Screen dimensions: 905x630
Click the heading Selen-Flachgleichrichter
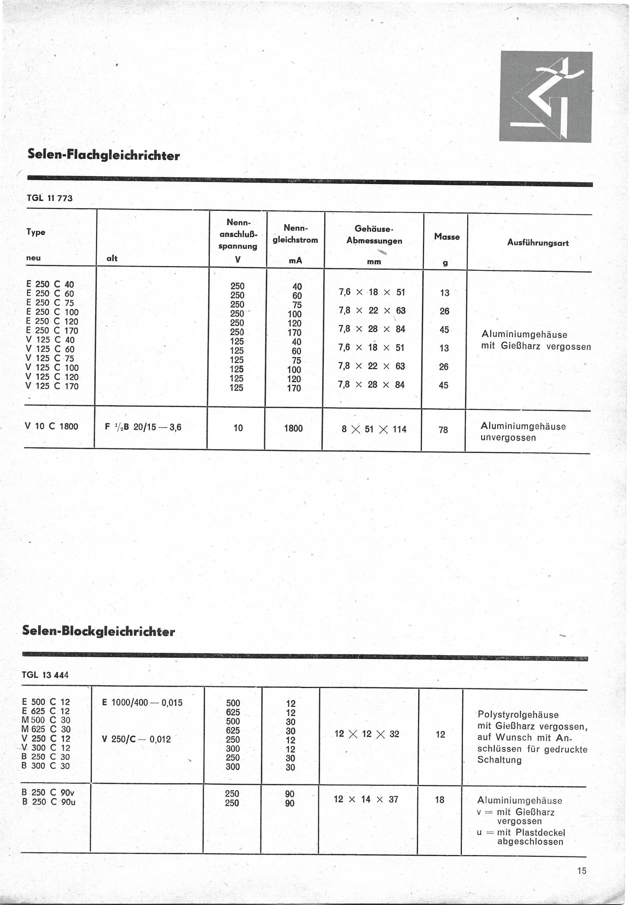[x=104, y=155]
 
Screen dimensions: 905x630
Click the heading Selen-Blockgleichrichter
[x=98, y=631]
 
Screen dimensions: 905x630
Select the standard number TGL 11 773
[x=50, y=198]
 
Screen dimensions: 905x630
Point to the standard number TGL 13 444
[x=45, y=675]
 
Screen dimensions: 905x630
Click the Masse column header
[x=447, y=236]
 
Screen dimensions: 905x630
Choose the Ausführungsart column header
[x=538, y=243]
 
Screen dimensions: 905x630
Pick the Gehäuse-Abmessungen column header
[x=374, y=234]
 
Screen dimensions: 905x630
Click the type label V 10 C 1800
[x=51, y=426]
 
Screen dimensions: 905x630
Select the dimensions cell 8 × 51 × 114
[x=374, y=429]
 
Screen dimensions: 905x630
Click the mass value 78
[x=443, y=430]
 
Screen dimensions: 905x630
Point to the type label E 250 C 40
[x=50, y=284]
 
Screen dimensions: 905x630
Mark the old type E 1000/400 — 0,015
[x=142, y=702]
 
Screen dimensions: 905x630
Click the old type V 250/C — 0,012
[x=136, y=739]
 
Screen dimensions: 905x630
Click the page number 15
[x=582, y=871]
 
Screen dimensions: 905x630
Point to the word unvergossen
[x=508, y=438]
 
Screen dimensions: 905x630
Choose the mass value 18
[x=440, y=800]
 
